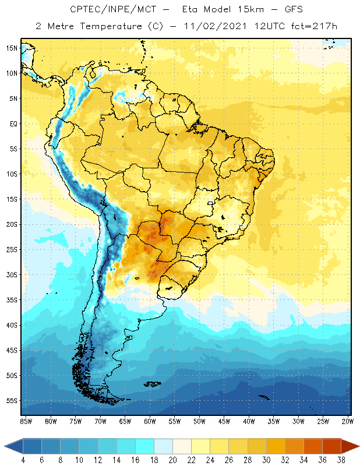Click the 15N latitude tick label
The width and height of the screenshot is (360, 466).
[11, 48]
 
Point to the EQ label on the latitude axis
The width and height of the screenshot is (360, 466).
[12, 123]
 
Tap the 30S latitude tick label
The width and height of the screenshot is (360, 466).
[11, 274]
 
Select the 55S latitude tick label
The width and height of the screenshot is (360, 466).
[11, 401]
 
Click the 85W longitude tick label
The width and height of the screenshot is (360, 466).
[26, 421]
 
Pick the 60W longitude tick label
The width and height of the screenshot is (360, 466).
[150, 421]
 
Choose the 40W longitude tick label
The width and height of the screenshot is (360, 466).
[249, 421]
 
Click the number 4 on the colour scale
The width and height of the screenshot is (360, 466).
[23, 461]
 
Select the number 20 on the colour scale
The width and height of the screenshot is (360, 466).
[172, 461]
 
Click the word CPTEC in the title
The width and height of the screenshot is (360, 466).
[84, 10]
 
